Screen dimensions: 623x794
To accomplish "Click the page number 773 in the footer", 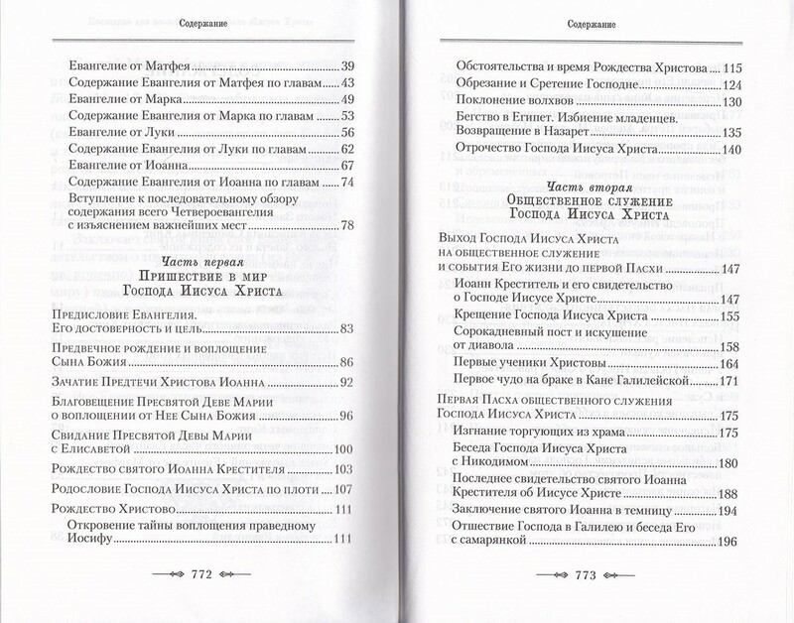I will click(x=594, y=574).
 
